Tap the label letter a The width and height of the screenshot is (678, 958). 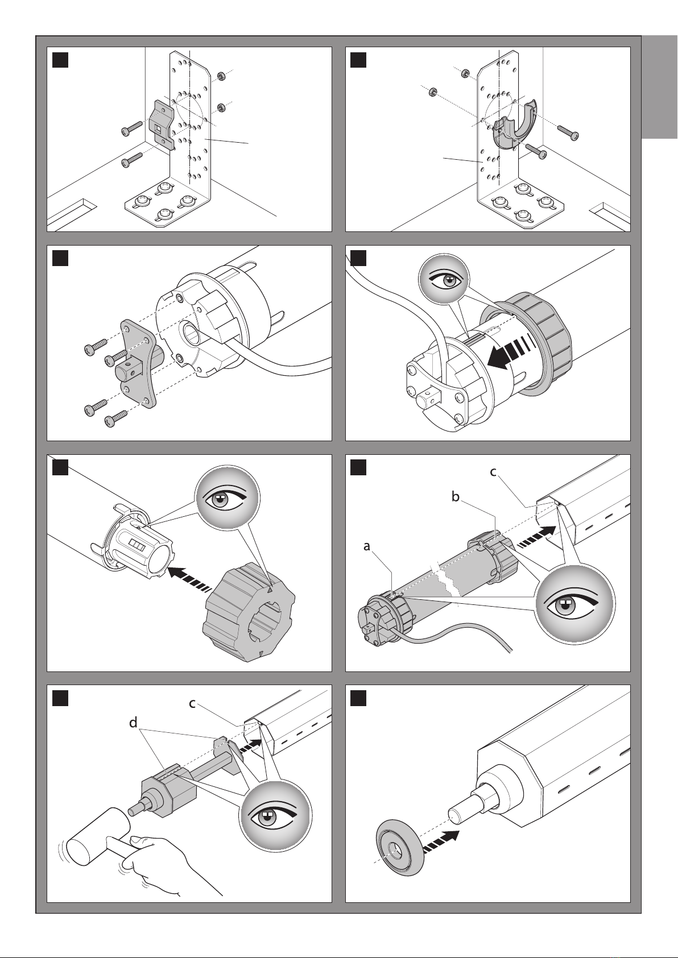click(367, 546)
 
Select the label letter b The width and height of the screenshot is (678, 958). click(455, 497)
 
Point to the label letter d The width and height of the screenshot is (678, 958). click(133, 723)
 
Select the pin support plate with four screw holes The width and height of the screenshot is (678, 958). click(137, 365)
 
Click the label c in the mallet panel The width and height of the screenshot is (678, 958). click(193, 703)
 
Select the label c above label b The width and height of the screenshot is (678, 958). click(494, 471)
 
